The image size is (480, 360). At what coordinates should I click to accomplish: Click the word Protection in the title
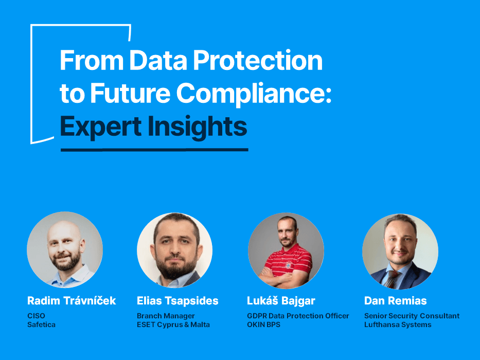pos(258,60)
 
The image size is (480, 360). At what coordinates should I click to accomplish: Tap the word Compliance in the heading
pos(254,94)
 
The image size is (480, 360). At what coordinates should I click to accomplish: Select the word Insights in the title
pos(198,127)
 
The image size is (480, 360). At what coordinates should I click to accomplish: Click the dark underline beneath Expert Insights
pos(154,150)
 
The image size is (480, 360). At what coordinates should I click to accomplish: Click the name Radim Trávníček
pos(72,301)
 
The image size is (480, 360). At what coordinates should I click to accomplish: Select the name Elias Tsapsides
pos(177,301)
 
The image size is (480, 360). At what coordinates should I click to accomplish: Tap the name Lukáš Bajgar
pos(281,301)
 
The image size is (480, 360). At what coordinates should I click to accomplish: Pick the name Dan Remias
pos(396,301)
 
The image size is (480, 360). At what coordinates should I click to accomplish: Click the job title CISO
pos(36,316)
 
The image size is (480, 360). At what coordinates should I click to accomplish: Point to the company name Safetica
pos(41,325)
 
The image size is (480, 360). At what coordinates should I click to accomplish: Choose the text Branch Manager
pos(166,316)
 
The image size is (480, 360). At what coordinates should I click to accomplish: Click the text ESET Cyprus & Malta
pos(173,325)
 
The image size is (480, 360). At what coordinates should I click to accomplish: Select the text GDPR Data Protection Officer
pos(298,316)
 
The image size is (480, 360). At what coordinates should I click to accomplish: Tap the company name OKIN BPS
pos(263,325)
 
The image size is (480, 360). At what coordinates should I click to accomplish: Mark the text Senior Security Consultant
pos(412,316)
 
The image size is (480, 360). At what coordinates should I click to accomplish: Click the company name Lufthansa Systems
pos(398,325)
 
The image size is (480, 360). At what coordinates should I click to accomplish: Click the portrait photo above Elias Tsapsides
pos(175,250)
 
